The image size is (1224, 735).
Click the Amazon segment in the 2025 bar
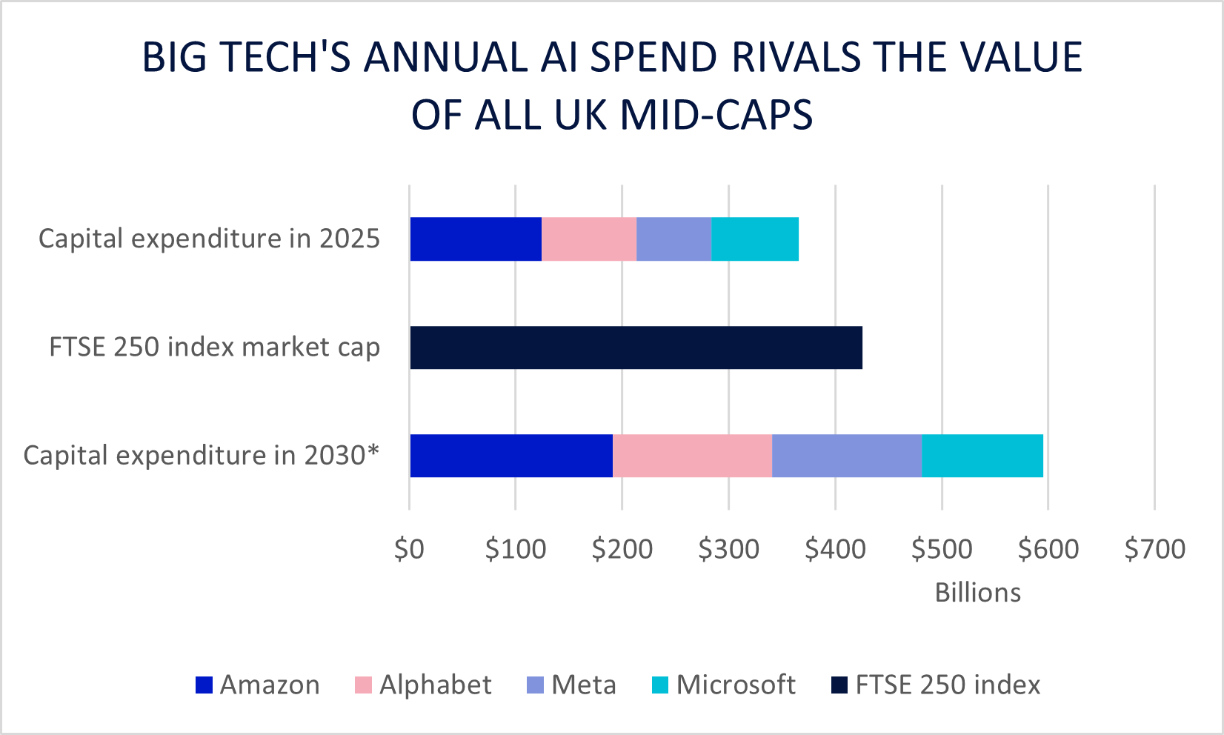pyautogui.click(x=476, y=239)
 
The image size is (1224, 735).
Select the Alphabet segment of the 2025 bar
pyautogui.click(x=589, y=239)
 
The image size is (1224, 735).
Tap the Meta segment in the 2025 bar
pyautogui.click(x=673, y=239)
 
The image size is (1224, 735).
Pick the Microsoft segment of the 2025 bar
pyautogui.click(x=755, y=239)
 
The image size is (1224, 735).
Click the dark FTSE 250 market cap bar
pyautogui.click(x=636, y=347)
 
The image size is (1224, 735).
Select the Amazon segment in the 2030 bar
pyautogui.click(x=511, y=456)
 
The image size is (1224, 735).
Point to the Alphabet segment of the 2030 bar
pyautogui.click(x=692, y=456)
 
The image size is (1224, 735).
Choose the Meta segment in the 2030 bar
pyautogui.click(x=846, y=456)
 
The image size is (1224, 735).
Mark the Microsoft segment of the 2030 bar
pyautogui.click(x=982, y=456)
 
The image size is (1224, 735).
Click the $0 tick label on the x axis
pyautogui.click(x=409, y=549)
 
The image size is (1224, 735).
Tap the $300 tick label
pyautogui.click(x=728, y=549)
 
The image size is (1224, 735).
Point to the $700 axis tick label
pyautogui.click(x=1154, y=549)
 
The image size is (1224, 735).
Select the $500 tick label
pyautogui.click(x=942, y=549)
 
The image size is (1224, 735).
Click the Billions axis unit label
pyautogui.click(x=977, y=593)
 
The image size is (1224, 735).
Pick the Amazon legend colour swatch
pyautogui.click(x=204, y=685)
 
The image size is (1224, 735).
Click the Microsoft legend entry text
pyautogui.click(x=736, y=685)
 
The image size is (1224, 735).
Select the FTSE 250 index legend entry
pyautogui.click(x=948, y=685)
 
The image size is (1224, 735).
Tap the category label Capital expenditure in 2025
pyautogui.click(x=209, y=239)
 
